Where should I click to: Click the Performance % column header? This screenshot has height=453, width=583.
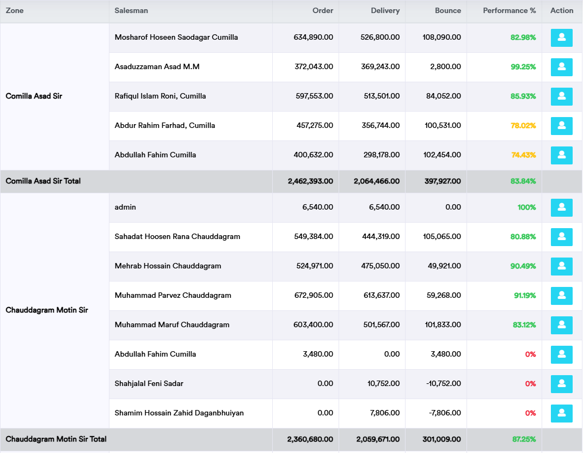(x=509, y=11)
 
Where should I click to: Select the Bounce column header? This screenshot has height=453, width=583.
(x=447, y=11)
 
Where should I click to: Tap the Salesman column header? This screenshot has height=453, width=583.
(x=131, y=11)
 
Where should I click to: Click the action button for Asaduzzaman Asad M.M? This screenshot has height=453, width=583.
(x=561, y=67)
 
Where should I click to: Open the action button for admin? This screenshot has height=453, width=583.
(x=561, y=207)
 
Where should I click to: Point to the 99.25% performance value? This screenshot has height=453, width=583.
(x=523, y=67)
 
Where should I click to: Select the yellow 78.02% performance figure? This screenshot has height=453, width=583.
(x=523, y=126)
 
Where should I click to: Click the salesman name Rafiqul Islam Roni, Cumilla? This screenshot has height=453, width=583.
(x=160, y=96)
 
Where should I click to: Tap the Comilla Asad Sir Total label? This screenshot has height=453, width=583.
(x=43, y=181)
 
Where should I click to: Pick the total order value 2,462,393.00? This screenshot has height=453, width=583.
(x=310, y=181)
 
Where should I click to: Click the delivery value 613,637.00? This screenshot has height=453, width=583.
(x=381, y=296)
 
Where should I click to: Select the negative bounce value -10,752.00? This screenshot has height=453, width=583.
(x=443, y=384)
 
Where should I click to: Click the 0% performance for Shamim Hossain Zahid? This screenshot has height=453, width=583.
(x=530, y=413)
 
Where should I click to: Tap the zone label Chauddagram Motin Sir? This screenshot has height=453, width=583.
(x=47, y=310)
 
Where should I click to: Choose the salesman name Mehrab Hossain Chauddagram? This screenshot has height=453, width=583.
(x=168, y=266)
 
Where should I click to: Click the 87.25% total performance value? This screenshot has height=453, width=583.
(x=524, y=439)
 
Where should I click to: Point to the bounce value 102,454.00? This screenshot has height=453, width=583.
(x=443, y=155)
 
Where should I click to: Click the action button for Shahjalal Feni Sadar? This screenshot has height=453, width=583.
(x=561, y=384)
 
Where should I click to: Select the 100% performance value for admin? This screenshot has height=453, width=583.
(x=526, y=207)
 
